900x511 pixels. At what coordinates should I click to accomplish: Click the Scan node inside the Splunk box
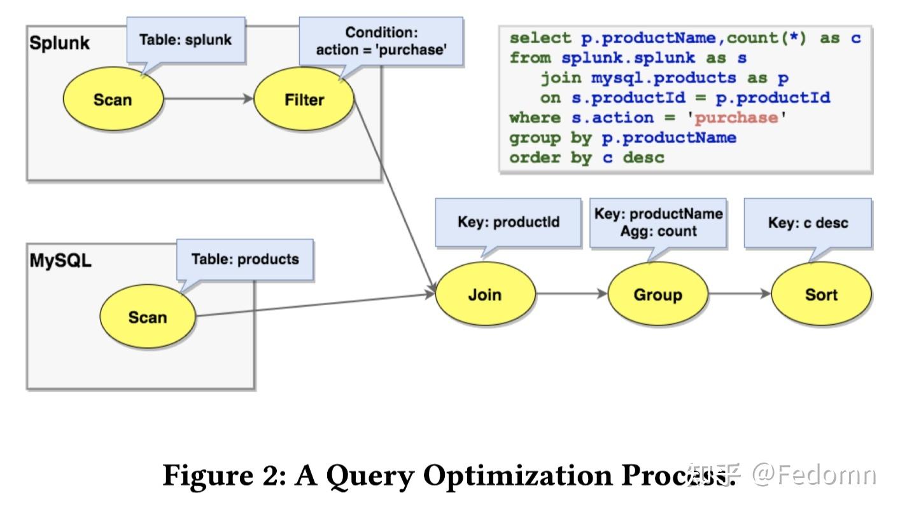click(113, 100)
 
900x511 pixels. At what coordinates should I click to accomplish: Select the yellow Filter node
click(304, 100)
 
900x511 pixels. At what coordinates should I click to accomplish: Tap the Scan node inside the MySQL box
click(148, 317)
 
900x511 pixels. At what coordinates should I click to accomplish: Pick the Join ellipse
click(485, 294)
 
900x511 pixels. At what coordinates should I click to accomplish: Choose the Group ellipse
click(657, 294)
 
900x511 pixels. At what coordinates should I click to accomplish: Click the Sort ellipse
click(821, 294)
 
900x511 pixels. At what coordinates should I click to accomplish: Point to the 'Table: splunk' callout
click(186, 40)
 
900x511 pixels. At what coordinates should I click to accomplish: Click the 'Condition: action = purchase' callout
click(381, 41)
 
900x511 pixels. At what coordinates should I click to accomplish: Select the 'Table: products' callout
click(245, 259)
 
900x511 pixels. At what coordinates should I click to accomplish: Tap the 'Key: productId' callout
click(508, 222)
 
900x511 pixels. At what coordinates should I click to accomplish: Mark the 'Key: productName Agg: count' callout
click(658, 222)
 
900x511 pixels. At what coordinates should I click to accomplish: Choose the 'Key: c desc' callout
click(808, 222)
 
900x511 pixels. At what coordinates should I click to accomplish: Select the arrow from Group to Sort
click(739, 294)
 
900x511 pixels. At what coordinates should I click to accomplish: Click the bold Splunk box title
click(59, 43)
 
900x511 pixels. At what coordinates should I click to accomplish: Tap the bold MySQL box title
click(60, 261)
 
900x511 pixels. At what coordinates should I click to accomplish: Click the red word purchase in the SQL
click(736, 118)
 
